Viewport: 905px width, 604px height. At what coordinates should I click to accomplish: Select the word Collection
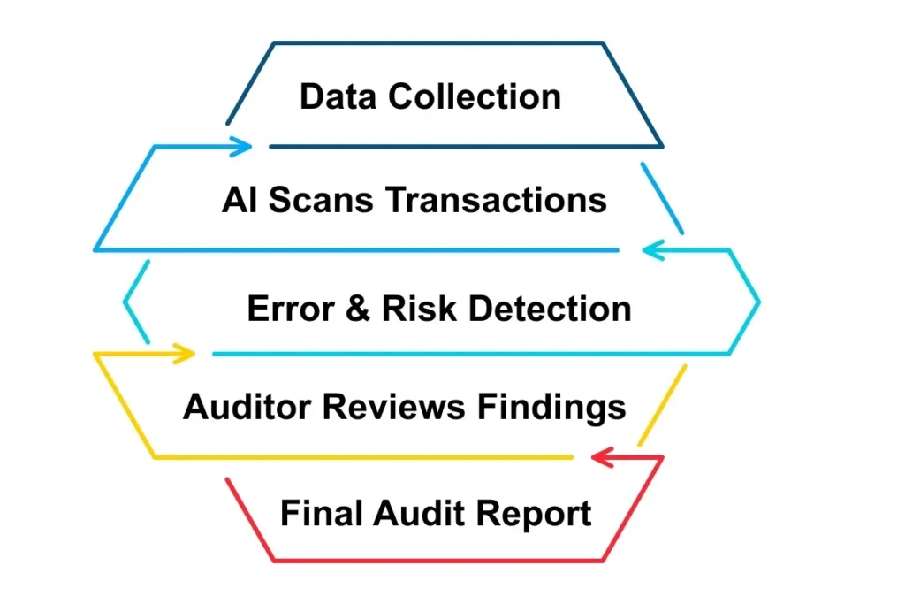click(475, 96)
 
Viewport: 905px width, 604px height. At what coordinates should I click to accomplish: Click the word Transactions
click(497, 201)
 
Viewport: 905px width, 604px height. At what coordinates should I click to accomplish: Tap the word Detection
click(550, 309)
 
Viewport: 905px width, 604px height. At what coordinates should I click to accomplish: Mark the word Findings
click(552, 407)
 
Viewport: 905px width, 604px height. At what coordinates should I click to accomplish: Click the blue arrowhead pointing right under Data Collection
click(244, 146)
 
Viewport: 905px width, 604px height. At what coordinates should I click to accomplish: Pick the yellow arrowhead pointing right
click(186, 354)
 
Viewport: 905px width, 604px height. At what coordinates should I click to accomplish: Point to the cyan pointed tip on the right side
click(758, 302)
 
